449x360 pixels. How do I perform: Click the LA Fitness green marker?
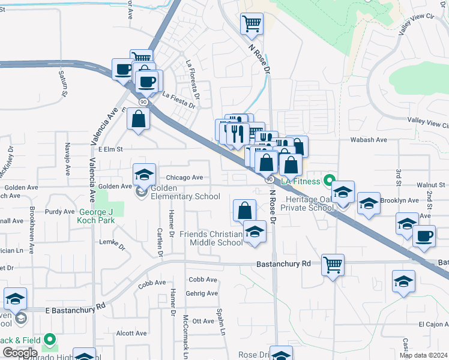click(328, 180)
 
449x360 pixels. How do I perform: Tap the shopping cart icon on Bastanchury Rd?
click(333, 264)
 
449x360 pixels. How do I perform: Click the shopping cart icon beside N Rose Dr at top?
click(252, 25)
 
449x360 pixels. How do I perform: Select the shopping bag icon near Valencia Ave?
click(139, 118)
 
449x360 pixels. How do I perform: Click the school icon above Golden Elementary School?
click(144, 175)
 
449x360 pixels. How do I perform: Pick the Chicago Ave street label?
click(184, 178)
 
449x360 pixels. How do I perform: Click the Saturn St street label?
click(63, 83)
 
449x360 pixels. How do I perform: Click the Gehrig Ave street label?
click(202, 293)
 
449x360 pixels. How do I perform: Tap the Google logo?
click(19, 353)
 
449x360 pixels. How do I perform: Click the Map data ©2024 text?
click(423, 355)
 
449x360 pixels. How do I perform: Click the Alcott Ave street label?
click(131, 333)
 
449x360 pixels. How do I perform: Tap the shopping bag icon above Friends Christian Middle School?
click(244, 211)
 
